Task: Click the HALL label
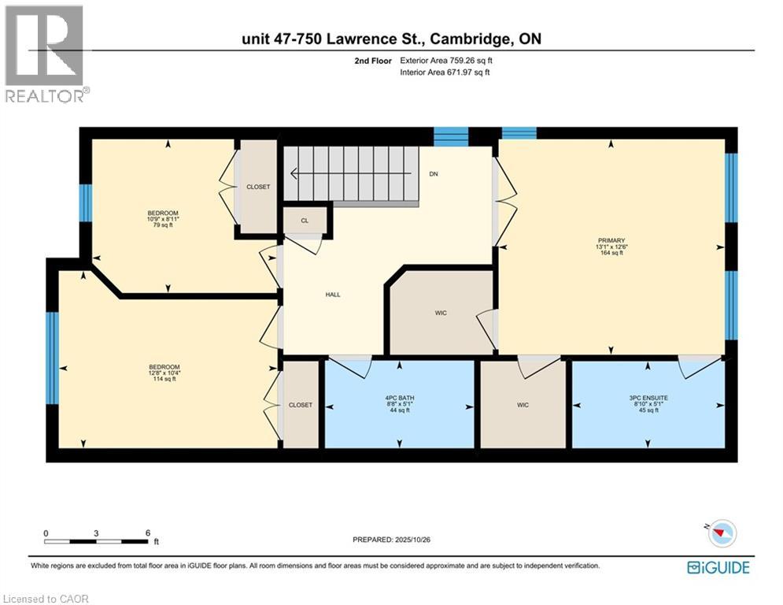click(x=333, y=295)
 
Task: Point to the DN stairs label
click(x=433, y=174)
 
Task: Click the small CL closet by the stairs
click(x=305, y=221)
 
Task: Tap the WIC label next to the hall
click(x=441, y=313)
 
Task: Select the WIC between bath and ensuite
click(x=523, y=405)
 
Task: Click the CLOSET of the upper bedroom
click(x=258, y=187)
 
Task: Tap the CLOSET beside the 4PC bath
click(x=300, y=405)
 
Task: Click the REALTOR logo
click(x=45, y=54)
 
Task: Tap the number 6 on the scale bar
click(x=147, y=533)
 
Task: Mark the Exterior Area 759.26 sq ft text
click(x=447, y=61)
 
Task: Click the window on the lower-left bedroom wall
click(x=52, y=358)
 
